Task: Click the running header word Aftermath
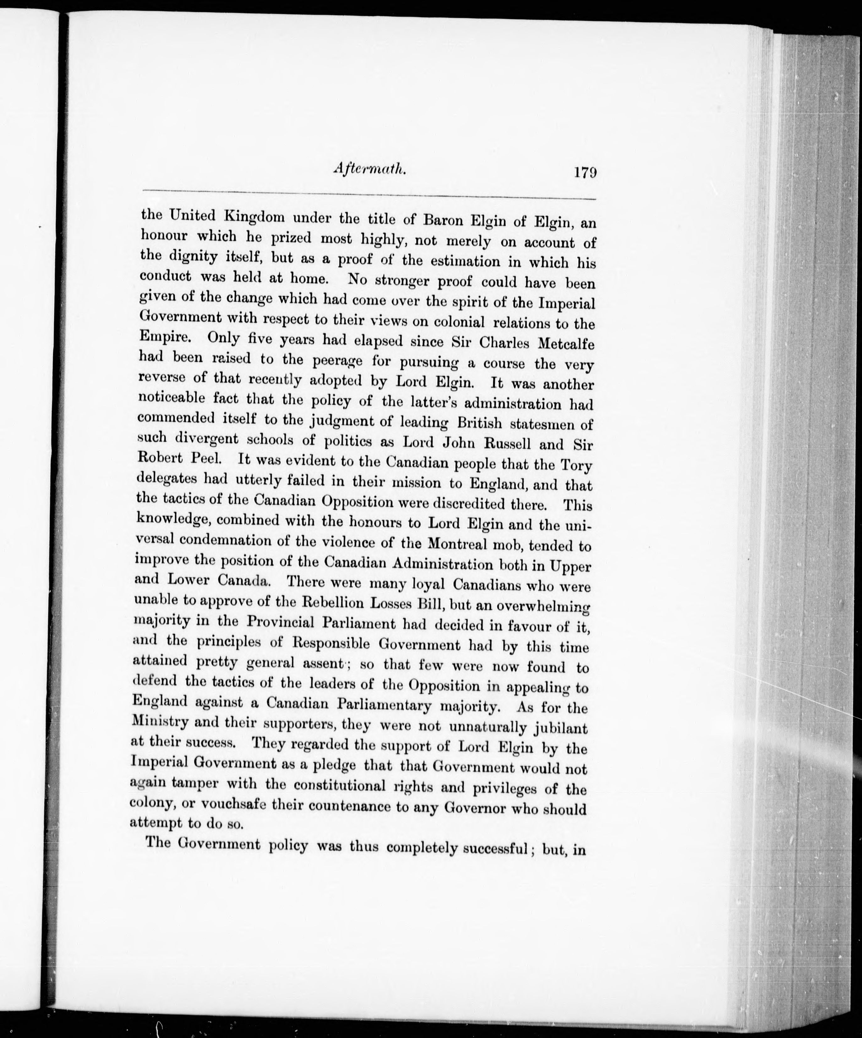point(370,169)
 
